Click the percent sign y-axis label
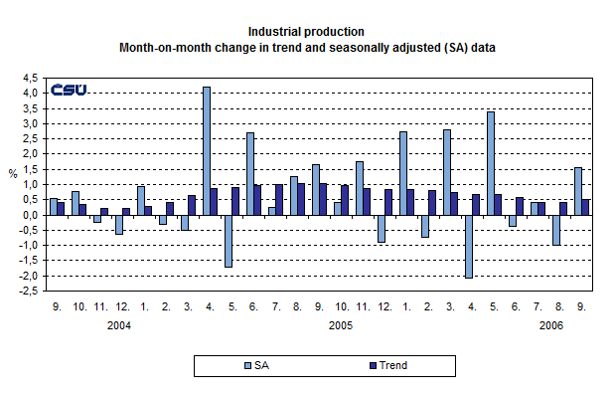13,173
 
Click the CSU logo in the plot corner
69,90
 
